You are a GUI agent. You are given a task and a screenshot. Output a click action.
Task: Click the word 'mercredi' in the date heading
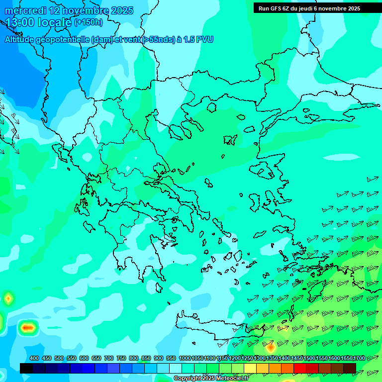[25, 10]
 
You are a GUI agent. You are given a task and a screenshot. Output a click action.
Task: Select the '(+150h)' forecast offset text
[89, 22]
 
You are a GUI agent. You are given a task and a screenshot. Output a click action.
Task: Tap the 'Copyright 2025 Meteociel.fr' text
[211, 379]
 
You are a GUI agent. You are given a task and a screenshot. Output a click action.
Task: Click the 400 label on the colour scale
[34, 358]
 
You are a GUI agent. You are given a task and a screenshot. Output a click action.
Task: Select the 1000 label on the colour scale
[185, 358]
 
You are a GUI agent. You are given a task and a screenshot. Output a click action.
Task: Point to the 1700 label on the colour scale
[359, 358]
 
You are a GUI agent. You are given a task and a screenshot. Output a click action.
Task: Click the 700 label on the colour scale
[109, 358]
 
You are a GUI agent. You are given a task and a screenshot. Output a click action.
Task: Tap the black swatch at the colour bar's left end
[26, 368]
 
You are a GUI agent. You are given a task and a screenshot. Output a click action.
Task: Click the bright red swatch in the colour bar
[300, 368]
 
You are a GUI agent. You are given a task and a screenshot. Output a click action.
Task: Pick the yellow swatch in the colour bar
[250, 368]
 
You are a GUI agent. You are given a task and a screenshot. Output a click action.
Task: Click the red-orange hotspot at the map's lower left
[28, 327]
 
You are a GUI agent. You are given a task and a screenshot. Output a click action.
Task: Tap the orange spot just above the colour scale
[271, 347]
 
